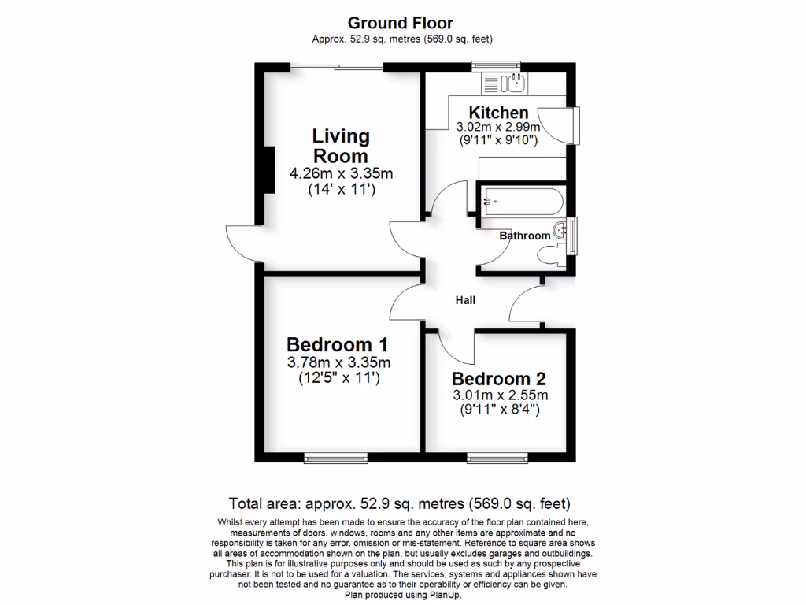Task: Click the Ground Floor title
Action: pos(400,23)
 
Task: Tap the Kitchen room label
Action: pos(498,113)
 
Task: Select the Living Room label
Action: pos(341,146)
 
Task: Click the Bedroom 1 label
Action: pos(337,344)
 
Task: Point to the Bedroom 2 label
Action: pos(498,379)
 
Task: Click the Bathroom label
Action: pos(525,236)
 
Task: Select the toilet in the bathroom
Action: pos(550,254)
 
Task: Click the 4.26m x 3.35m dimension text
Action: pos(341,174)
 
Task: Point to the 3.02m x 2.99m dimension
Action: pos(498,127)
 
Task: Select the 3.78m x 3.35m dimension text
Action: pos(338,362)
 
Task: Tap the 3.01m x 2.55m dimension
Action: pos(499,395)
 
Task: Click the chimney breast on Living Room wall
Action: pos(268,169)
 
